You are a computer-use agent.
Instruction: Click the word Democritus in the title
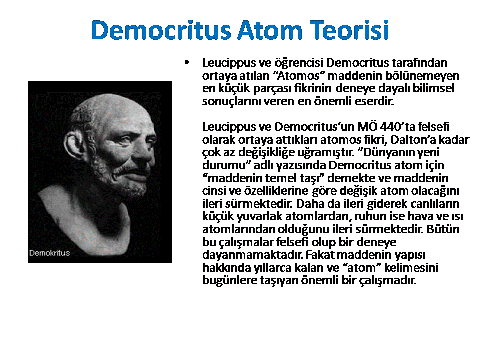(161, 30)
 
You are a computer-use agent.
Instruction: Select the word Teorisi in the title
(349, 30)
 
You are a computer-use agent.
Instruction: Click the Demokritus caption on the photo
(49, 253)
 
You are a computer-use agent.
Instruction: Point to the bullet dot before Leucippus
(187, 63)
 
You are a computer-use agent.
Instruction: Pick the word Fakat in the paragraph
(320, 254)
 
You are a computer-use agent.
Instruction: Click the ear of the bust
(73, 146)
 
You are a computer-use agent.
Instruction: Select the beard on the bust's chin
(125, 180)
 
